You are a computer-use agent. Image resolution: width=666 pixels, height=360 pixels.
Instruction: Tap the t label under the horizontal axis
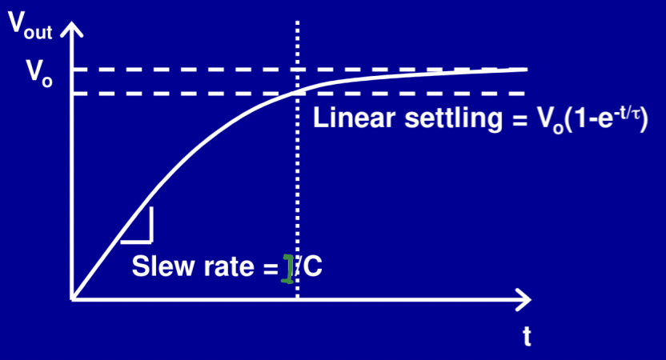coord(527,337)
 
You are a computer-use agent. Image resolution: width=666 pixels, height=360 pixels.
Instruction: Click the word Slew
coord(158,267)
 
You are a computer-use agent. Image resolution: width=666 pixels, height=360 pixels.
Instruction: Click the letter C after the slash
coord(314,267)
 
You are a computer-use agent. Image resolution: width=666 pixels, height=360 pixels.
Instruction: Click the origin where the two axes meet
coord(73,300)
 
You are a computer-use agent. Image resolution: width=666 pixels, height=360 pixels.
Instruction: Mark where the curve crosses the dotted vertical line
coord(298,91)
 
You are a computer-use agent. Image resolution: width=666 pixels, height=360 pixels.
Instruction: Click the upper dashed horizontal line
coord(200,70)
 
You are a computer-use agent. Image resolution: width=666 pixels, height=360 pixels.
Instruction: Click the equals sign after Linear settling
coord(512,120)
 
